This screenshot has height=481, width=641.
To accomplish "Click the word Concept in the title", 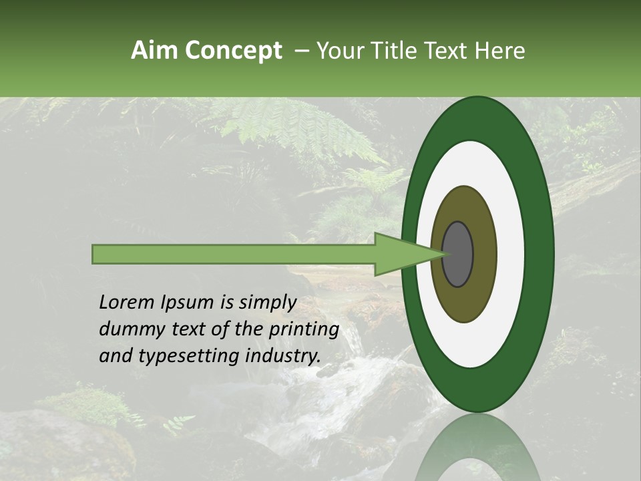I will click(x=233, y=51).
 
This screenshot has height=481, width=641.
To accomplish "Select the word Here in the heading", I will click(x=500, y=51).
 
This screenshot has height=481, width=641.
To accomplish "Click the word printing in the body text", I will click(x=303, y=330).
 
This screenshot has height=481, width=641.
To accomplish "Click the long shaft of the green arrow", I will click(x=234, y=254).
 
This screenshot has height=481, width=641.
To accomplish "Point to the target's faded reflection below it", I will click(x=477, y=451).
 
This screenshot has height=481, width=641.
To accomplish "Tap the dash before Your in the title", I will click(x=300, y=51).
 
